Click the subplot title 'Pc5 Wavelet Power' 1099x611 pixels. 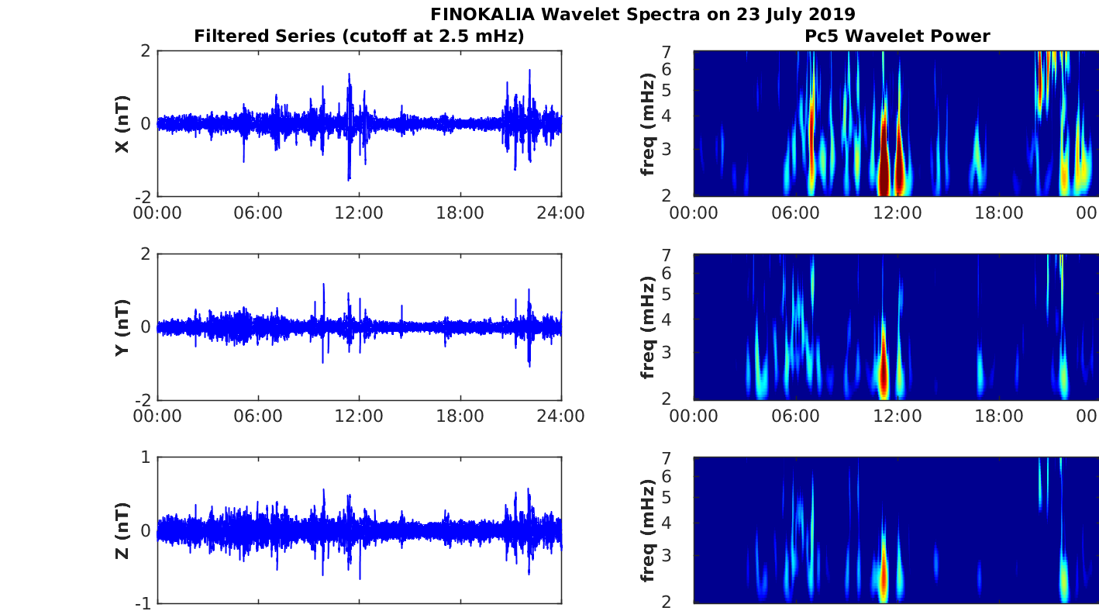pos(897,36)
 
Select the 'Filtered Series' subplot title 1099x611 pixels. pos(359,36)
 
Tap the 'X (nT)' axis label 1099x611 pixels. pos(122,124)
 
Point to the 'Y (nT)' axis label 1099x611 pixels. pos(122,327)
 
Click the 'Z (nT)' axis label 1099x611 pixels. pos(122,530)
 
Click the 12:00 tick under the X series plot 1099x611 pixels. pos(359,212)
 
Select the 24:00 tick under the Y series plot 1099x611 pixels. pos(560,416)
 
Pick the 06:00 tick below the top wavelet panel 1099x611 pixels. pos(795,212)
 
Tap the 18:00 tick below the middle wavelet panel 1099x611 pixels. pos(998,416)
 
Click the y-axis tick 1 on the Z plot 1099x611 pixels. pos(146,457)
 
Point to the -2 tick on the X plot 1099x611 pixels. pos(143,197)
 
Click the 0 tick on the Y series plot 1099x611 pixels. pos(146,327)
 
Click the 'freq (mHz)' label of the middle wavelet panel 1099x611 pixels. pos(648,327)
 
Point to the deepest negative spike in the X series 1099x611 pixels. pos(349,178)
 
